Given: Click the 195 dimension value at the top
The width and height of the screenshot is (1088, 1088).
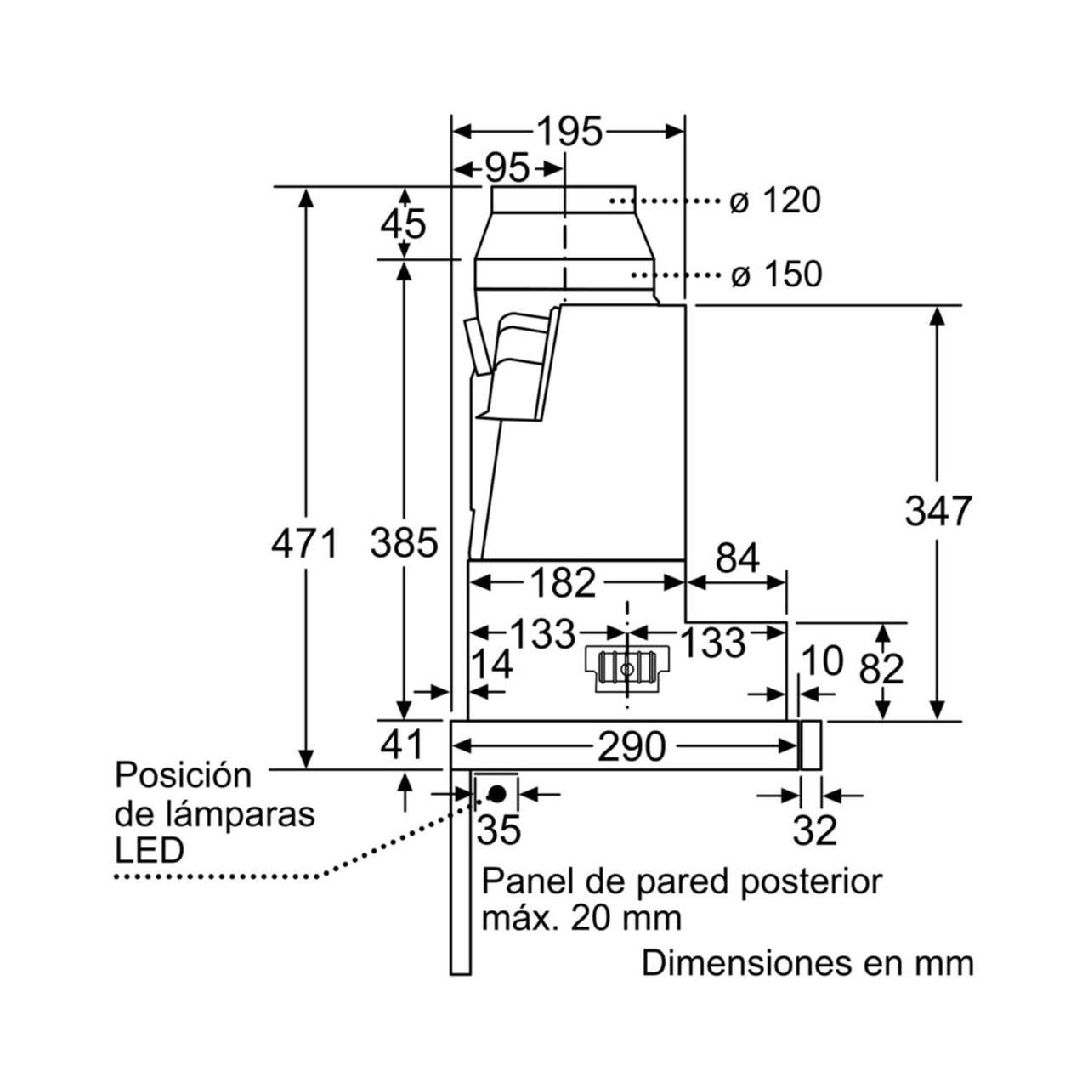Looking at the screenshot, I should pos(569,133).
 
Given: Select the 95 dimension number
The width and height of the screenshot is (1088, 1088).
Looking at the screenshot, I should pos(507,169).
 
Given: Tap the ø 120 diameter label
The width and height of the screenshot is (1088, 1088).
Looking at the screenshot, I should pos(775,201).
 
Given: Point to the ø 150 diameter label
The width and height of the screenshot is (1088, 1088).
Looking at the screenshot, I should pos(776,275).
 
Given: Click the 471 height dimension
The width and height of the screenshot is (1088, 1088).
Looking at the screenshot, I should pos(305,543).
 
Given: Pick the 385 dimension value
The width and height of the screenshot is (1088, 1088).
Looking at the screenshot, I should pos(404,543).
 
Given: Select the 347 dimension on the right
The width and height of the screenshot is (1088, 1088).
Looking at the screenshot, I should pos(938,512).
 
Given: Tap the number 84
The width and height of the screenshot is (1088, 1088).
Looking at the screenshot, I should pos(738,558).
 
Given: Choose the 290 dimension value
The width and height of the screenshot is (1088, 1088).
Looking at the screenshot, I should pos(632,747).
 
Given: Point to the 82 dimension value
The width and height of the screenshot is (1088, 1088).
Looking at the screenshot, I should pos(881,670).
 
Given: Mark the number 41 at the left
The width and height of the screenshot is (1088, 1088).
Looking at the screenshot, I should pos(402,745).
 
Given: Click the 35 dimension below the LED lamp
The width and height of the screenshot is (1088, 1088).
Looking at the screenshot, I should pos(499,830).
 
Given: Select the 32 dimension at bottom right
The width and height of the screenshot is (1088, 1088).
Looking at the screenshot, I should pos(815,830).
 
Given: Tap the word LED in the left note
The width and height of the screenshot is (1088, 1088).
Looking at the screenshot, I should pos(149,851).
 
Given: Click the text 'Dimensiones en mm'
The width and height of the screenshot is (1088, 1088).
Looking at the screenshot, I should pos(807,963).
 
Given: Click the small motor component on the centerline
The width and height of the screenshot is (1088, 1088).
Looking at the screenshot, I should pos(626,668).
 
